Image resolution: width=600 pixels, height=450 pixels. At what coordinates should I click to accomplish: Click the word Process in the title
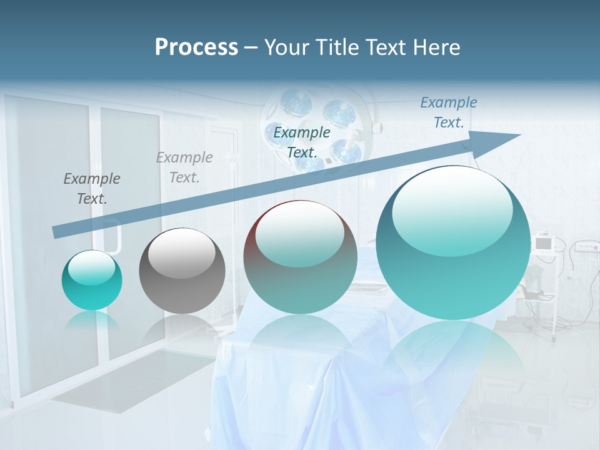pyautogui.click(x=196, y=47)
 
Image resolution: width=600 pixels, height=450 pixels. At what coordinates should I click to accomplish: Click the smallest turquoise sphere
pyautogui.click(x=92, y=280)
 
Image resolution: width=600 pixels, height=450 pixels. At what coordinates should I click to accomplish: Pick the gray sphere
pyautogui.click(x=182, y=271)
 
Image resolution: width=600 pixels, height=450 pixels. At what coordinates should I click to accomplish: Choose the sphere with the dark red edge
pyautogui.click(x=300, y=257)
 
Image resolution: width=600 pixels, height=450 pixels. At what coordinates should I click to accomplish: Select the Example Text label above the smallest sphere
pyautogui.click(x=92, y=189)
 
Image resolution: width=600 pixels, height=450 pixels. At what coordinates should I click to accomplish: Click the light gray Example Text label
pyautogui.click(x=184, y=167)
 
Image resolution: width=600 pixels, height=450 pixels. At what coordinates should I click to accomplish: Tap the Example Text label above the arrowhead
pyautogui.click(x=449, y=112)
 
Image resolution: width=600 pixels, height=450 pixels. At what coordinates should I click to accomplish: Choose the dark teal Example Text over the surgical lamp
pyautogui.click(x=302, y=142)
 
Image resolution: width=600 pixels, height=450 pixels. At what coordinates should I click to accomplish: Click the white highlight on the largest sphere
pyautogui.click(x=452, y=201)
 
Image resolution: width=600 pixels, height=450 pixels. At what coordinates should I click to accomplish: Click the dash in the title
pyautogui.click(x=251, y=47)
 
